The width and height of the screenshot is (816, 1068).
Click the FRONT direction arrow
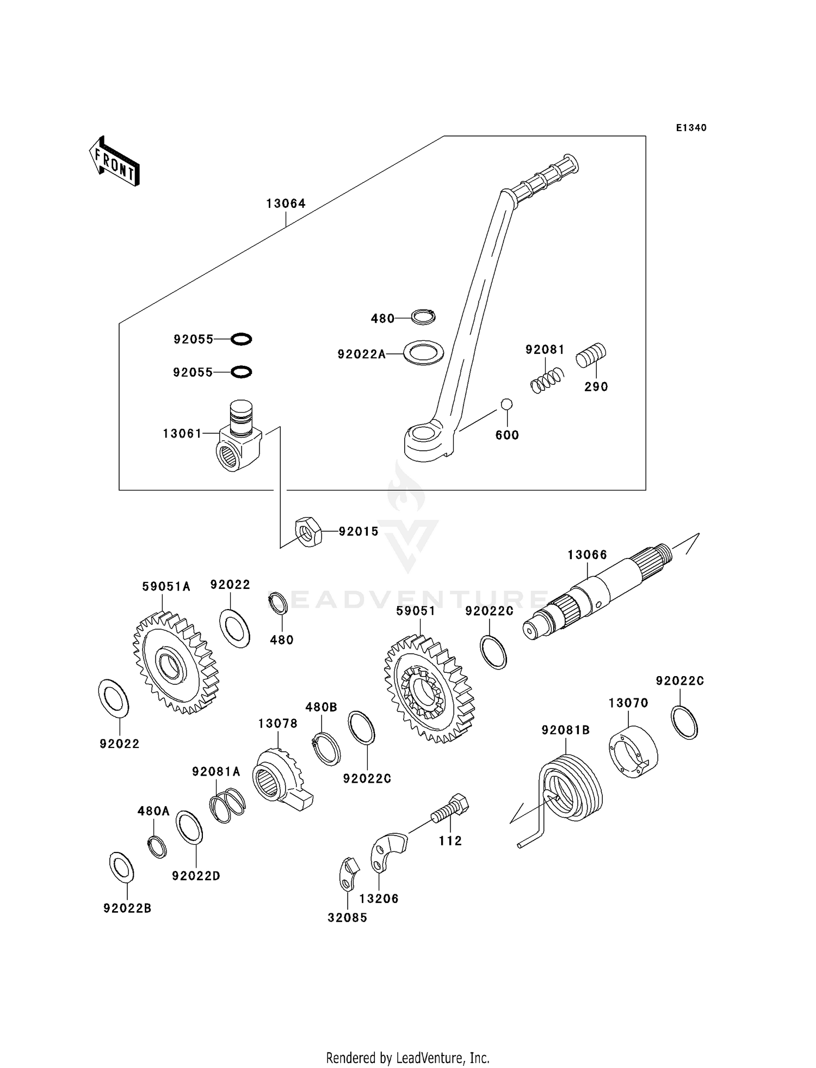tap(114, 162)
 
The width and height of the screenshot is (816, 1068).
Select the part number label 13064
tap(286, 204)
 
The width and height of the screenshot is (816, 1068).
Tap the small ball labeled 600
tap(506, 404)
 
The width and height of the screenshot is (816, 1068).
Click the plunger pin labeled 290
tap(591, 355)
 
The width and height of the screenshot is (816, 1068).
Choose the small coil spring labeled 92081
tap(547, 379)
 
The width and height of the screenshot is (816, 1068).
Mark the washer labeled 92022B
tap(121, 867)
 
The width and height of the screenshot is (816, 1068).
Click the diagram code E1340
tap(691, 128)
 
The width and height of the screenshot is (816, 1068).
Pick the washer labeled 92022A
tap(423, 352)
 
